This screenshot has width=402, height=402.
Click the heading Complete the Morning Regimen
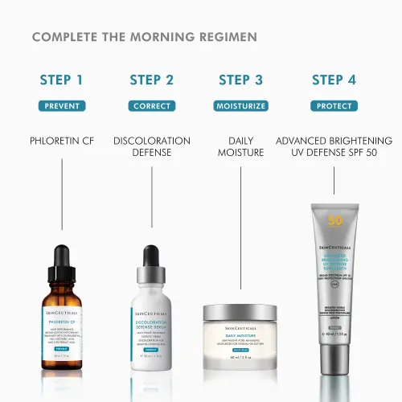click(145, 38)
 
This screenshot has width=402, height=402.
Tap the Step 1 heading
click(61, 80)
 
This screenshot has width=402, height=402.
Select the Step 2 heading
click(151, 80)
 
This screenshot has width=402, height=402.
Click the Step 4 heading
click(334, 80)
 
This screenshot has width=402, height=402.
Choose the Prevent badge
click(61, 106)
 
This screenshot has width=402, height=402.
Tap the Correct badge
click(151, 106)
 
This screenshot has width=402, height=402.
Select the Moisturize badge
click(240, 106)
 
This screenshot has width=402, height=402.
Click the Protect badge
click(334, 106)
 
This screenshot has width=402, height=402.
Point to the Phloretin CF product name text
click(62, 142)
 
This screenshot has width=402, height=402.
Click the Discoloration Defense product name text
click(151, 147)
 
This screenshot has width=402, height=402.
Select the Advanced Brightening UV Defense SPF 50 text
click(334, 147)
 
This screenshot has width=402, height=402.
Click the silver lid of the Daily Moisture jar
click(240, 310)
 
